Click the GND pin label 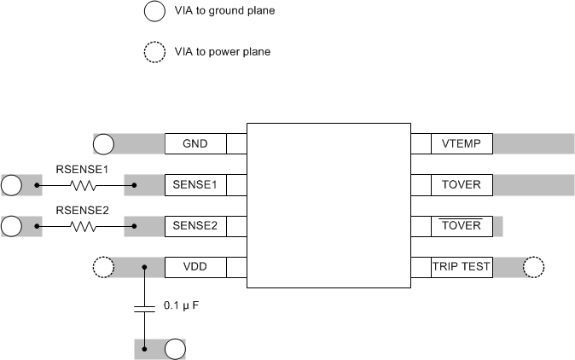(195, 143)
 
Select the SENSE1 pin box (195, 184)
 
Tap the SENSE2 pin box (195, 226)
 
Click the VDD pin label (195, 267)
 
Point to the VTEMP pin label (462, 143)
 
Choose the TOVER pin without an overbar (462, 184)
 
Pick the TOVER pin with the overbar (462, 226)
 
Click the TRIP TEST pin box (462, 267)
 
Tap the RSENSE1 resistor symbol (83, 184)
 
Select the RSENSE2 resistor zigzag (83, 226)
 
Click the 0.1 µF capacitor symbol (144, 307)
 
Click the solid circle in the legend (154, 12)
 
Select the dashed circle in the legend (154, 53)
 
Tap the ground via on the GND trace (103, 143)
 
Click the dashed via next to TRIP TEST (533, 267)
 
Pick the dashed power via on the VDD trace (102, 267)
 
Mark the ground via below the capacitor (175, 349)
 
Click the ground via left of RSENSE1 (12, 184)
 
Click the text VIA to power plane (222, 52)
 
